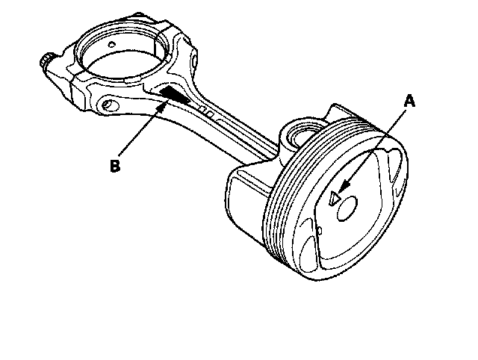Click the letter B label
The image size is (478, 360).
point(114,165)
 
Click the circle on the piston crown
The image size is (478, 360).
point(350,208)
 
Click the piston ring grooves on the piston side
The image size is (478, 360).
point(282,202)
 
